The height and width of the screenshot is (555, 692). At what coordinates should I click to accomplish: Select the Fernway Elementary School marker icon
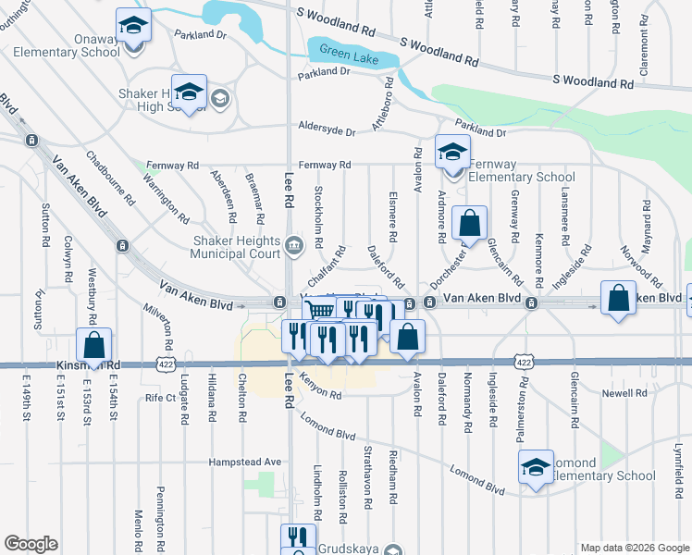pyautogui.click(x=452, y=152)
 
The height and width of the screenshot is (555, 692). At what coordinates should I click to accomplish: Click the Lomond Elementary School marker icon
pyautogui.click(x=536, y=469)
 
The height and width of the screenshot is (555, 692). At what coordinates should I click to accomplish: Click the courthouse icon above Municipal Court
pyautogui.click(x=294, y=244)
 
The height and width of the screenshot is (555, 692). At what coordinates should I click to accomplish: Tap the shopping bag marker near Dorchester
pyautogui.click(x=470, y=223)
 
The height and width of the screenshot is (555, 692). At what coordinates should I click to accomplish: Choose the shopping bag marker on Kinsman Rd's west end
pyautogui.click(x=94, y=345)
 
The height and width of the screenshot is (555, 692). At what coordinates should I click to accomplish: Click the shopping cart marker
pyautogui.click(x=319, y=313)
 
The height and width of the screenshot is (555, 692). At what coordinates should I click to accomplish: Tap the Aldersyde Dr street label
pyautogui.click(x=326, y=130)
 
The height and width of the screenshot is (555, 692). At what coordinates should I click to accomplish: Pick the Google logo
pyautogui.click(x=31, y=544)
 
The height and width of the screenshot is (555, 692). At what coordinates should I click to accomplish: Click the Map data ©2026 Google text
pyautogui.click(x=634, y=548)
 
